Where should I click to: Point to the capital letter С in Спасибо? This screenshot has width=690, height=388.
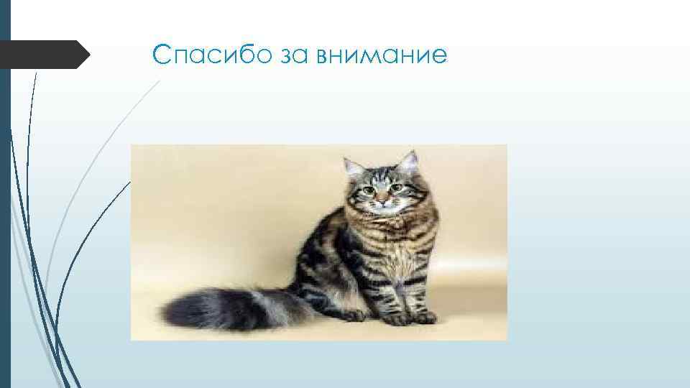point(162,55)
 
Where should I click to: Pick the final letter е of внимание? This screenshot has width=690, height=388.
point(438,57)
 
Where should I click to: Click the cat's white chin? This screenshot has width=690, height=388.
point(384,206)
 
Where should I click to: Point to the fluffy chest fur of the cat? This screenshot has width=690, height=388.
point(388,237)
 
